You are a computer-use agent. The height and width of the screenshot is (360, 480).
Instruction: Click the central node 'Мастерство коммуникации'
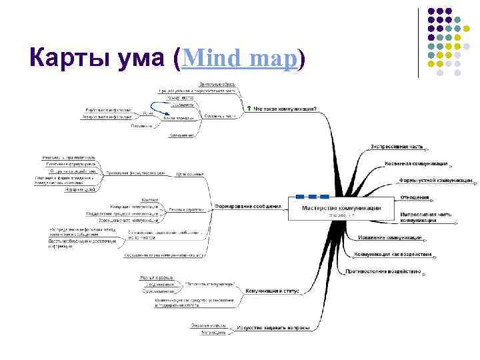tap(342, 207)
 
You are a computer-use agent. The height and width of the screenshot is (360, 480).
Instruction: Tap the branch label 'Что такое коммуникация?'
tap(285, 108)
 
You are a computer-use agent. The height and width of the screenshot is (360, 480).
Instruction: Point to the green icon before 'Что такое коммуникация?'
tap(249, 107)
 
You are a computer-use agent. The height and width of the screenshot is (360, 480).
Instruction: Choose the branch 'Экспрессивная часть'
tap(397, 146)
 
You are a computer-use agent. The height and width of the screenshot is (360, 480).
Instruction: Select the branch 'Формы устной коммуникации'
tap(435, 180)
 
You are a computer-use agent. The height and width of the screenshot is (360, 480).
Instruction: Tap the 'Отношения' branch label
tap(414, 197)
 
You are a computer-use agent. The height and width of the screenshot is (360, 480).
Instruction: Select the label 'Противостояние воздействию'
tap(383, 271)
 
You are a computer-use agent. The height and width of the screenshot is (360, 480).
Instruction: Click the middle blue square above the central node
tap(312, 196)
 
